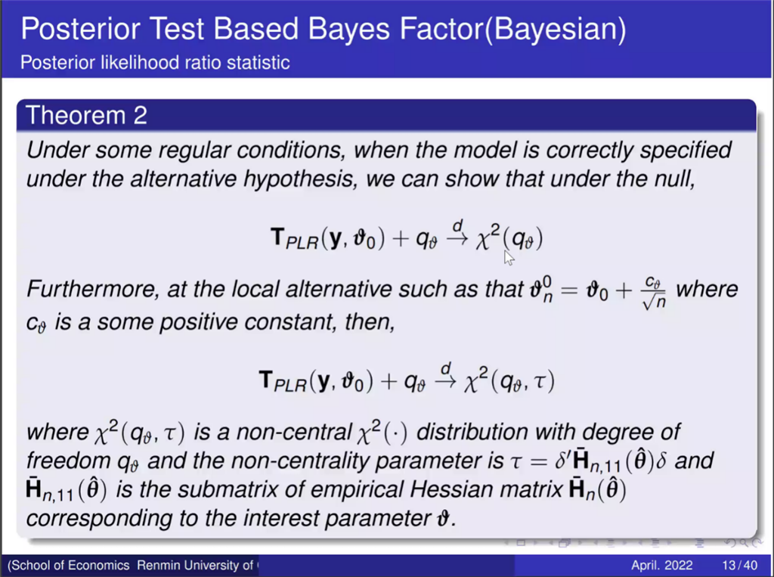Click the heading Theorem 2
click(x=86, y=115)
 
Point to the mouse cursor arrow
click(x=509, y=257)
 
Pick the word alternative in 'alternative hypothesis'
click(x=183, y=178)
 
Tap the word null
click(x=676, y=178)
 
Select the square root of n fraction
click(x=654, y=293)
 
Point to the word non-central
click(x=294, y=433)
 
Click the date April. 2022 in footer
click(x=662, y=565)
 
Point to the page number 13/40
click(x=739, y=565)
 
